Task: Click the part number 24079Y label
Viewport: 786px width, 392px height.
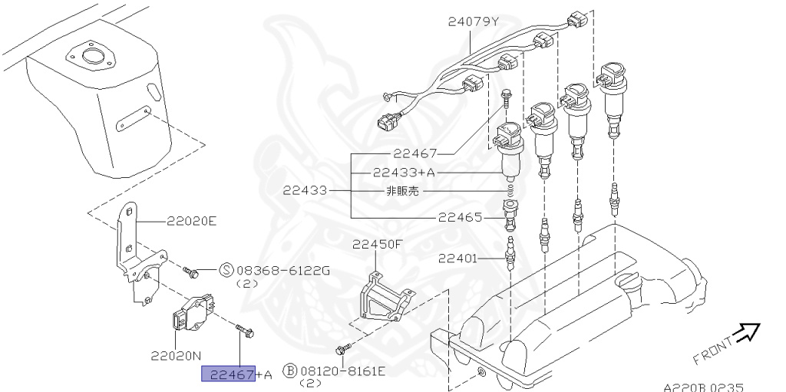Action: pos(474,21)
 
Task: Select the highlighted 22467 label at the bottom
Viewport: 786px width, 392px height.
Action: pos(228,374)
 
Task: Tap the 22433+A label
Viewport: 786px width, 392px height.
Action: pos(400,173)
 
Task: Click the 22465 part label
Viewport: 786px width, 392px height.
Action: pos(461,217)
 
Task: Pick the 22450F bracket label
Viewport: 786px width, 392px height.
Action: pos(378,245)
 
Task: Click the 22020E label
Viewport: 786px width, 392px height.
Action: pos(192,222)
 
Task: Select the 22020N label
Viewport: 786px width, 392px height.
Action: pos(176,356)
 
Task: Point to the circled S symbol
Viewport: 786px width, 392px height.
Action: pos(226,270)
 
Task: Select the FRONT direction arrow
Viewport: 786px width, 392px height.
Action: pos(745,333)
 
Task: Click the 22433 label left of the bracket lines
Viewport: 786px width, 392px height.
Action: pos(305,190)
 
